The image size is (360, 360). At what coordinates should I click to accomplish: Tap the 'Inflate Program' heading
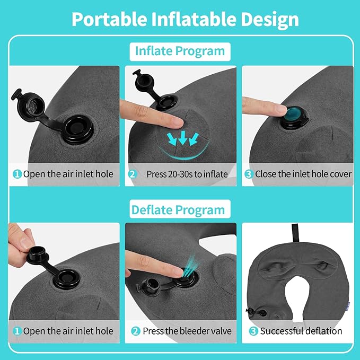click(x=180, y=51)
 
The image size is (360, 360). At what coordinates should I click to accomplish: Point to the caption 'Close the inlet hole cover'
click(x=296, y=174)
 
